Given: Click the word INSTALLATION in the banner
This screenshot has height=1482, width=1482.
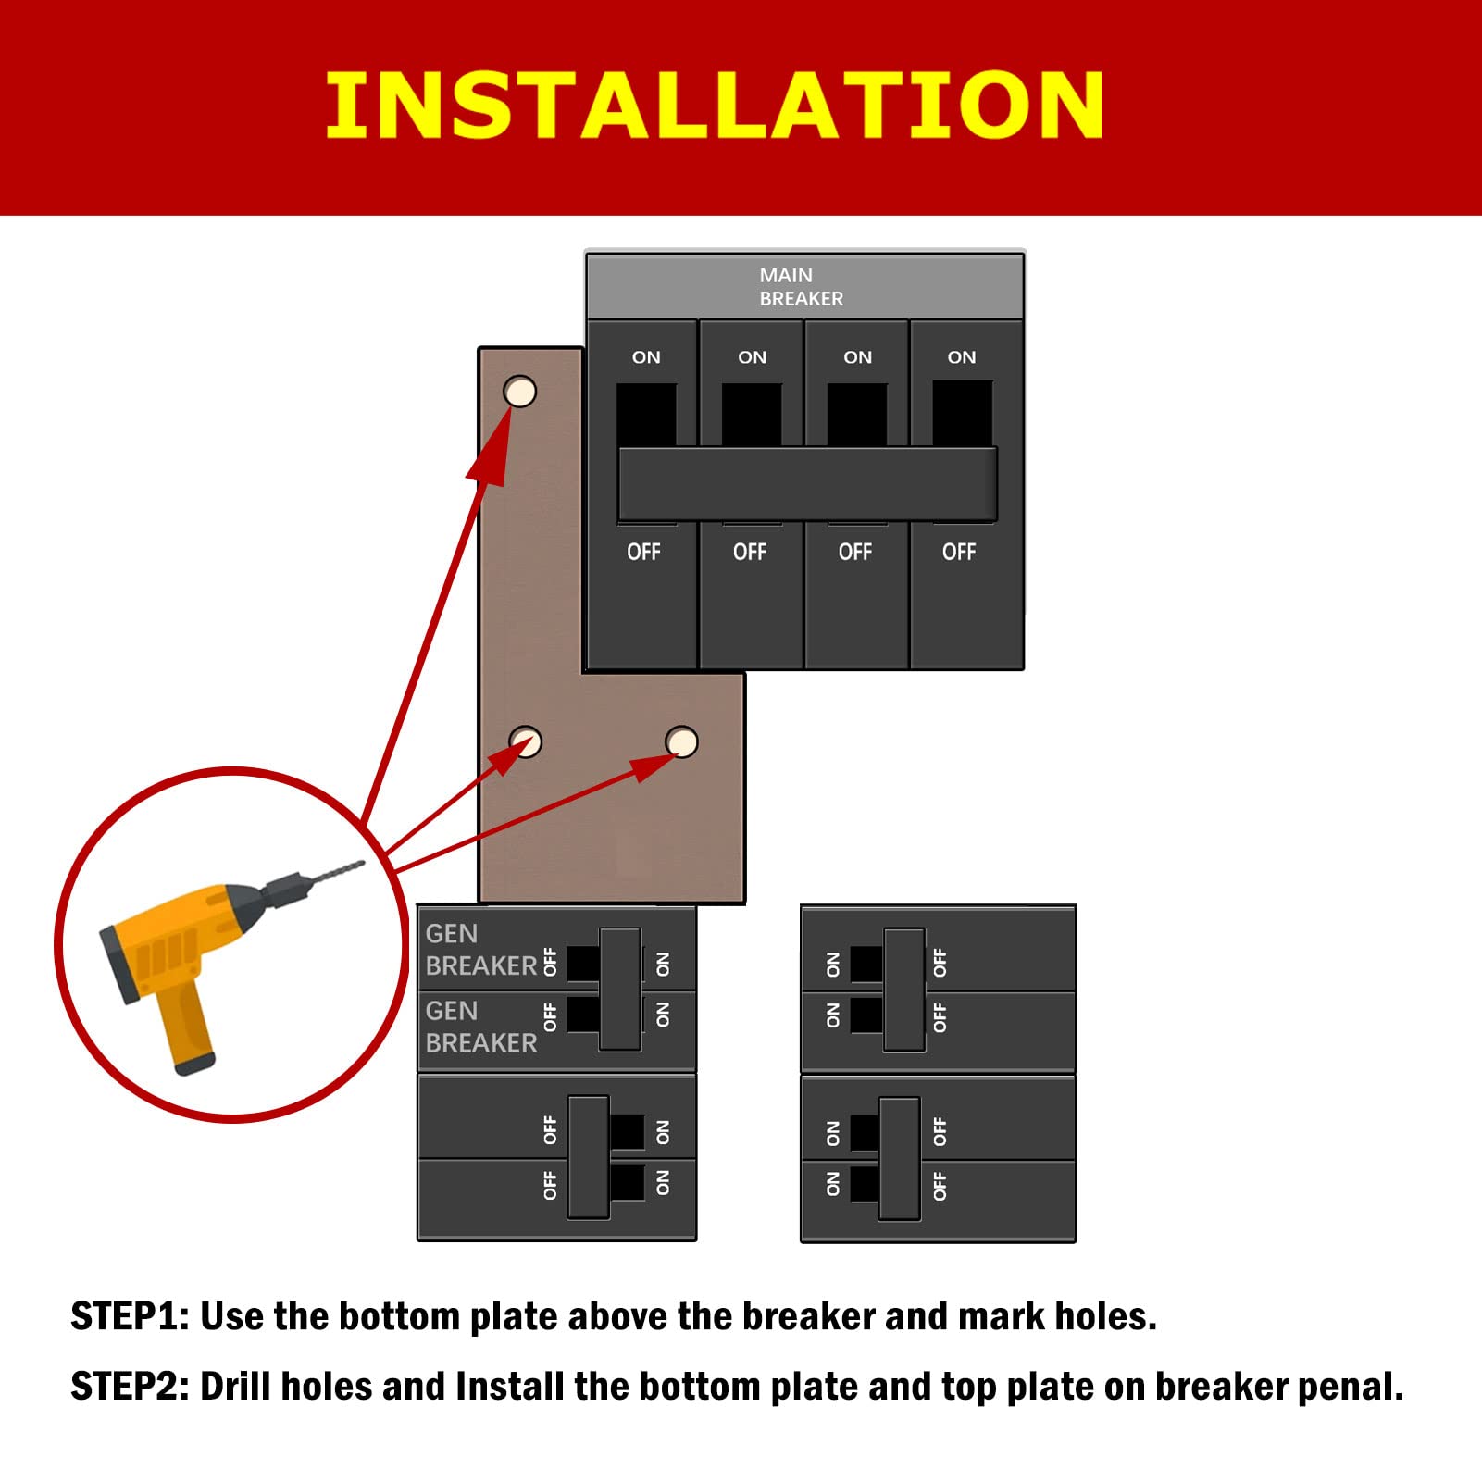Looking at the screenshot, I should point(714,106).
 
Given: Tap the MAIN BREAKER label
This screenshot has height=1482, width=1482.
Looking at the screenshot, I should point(800,287).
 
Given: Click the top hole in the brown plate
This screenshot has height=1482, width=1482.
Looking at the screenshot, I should point(520,392).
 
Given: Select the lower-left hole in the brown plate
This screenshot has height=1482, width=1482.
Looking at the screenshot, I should point(526,741).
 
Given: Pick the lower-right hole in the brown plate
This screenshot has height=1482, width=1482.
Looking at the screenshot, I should point(682,741).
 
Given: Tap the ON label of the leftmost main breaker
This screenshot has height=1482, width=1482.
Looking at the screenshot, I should point(646,357).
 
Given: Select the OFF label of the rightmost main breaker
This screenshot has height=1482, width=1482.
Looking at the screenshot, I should point(959,552).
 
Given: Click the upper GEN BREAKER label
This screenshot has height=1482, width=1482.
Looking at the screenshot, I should point(479,950).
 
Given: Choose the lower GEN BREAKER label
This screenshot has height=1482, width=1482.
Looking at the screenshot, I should point(479,1027).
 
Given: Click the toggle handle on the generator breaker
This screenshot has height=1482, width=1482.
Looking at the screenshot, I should point(620,989).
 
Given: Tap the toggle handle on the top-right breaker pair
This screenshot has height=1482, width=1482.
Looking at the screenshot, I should point(904,989).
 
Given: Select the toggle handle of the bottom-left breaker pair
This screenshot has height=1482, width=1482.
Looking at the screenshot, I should point(589,1157).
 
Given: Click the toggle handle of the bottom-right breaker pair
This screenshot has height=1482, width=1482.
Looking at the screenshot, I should point(900,1158).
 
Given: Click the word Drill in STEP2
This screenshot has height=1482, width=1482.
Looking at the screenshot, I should point(237,1387).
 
